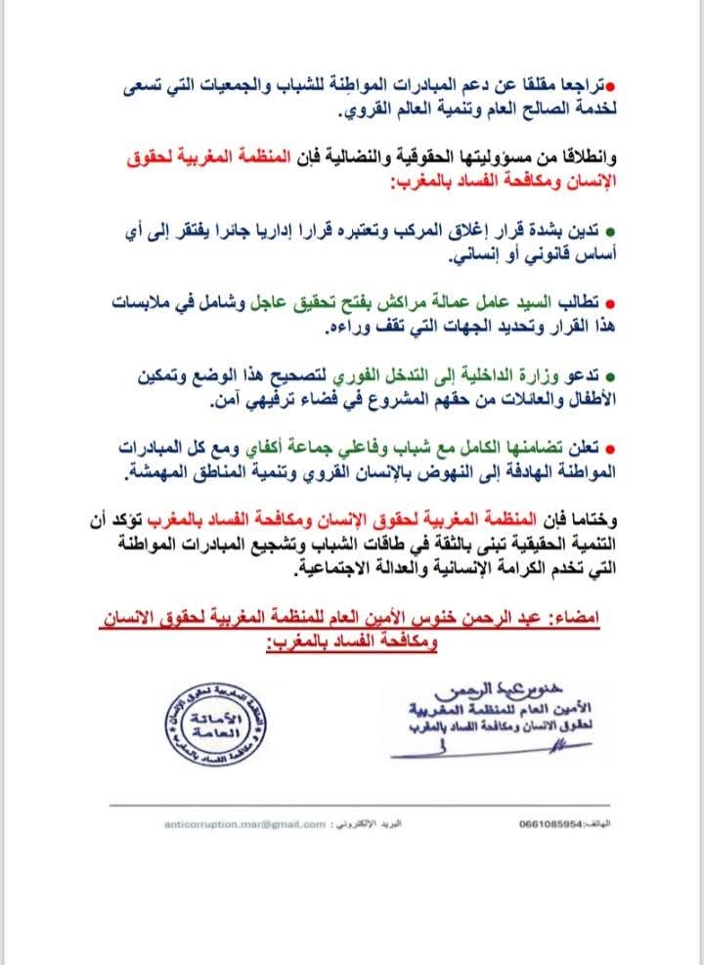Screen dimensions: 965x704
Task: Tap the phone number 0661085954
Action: pos(549,824)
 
